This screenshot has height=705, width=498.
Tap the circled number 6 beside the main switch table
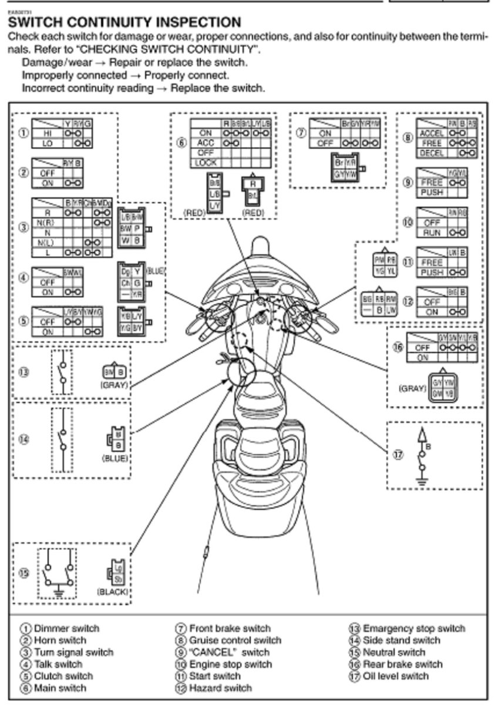pyautogui.click(x=182, y=142)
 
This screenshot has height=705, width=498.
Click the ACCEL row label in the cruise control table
pyautogui.click(x=432, y=133)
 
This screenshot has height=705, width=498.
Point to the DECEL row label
pyautogui.click(x=432, y=153)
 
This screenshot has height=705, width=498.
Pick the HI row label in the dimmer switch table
pyautogui.click(x=46, y=133)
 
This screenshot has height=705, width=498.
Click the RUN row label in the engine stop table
pyautogui.click(x=432, y=233)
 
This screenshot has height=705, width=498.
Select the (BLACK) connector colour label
pyautogui.click(x=112, y=592)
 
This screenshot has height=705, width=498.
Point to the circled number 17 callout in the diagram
pyautogui.click(x=399, y=454)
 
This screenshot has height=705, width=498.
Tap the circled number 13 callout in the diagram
pyautogui.click(x=24, y=372)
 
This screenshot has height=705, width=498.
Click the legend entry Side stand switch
pyautogui.click(x=402, y=640)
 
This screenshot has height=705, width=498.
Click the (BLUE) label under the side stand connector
pyautogui.click(x=115, y=458)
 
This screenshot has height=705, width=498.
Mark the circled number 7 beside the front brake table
pyautogui.click(x=301, y=133)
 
